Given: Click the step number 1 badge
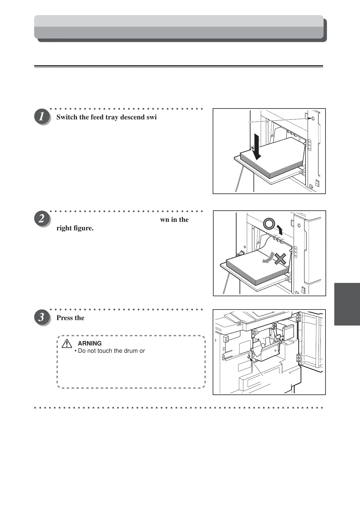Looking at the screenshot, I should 42,117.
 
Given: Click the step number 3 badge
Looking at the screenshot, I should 42,318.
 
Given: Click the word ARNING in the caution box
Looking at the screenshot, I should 90,343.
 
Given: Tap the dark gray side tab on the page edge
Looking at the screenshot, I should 347,304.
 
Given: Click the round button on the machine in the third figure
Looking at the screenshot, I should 249,357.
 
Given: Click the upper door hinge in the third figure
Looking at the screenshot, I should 298,318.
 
